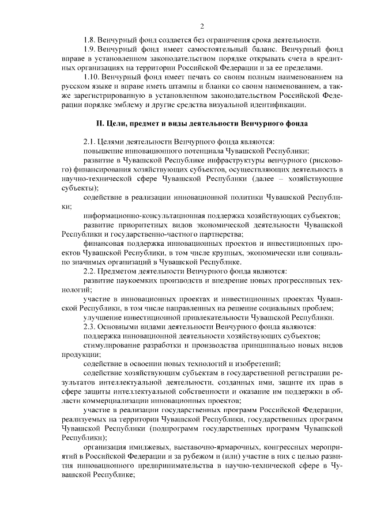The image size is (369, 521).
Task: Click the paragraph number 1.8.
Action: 90,40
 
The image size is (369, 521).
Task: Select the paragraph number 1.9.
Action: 90,50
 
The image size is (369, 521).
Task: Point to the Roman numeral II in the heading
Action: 100,124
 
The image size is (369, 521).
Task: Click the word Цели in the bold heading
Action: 118,124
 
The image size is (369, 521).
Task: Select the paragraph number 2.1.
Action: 90,142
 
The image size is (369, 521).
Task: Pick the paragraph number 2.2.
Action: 90,271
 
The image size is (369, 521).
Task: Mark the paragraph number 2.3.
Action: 90,326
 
